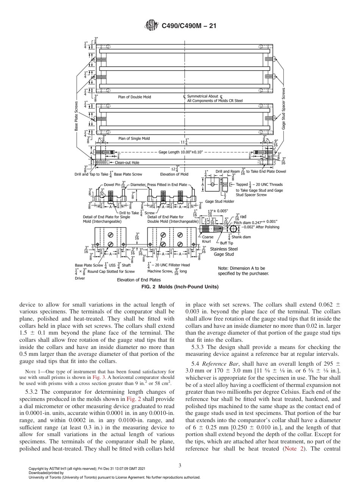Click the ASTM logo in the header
click(151, 26)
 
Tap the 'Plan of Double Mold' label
click(134, 97)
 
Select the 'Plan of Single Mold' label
click(134, 138)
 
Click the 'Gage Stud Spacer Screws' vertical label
click(283, 110)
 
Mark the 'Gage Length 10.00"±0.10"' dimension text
click(180, 152)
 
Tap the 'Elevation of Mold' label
click(174, 174)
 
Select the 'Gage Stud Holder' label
click(219, 201)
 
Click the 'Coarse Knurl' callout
click(208, 239)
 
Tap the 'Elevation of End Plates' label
click(139, 280)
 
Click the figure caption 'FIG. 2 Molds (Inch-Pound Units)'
click(180, 287)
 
